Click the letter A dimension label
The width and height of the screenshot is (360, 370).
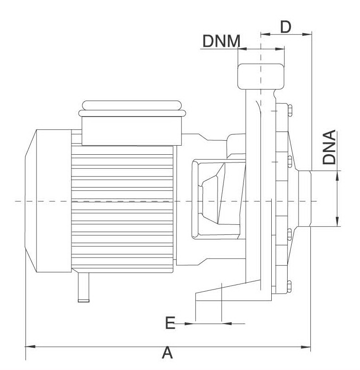pos(168,353)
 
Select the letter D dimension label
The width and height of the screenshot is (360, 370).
pos(285,27)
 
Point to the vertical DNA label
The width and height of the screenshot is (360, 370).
pos(329,147)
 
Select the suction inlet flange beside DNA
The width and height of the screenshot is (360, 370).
pos(304,200)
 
